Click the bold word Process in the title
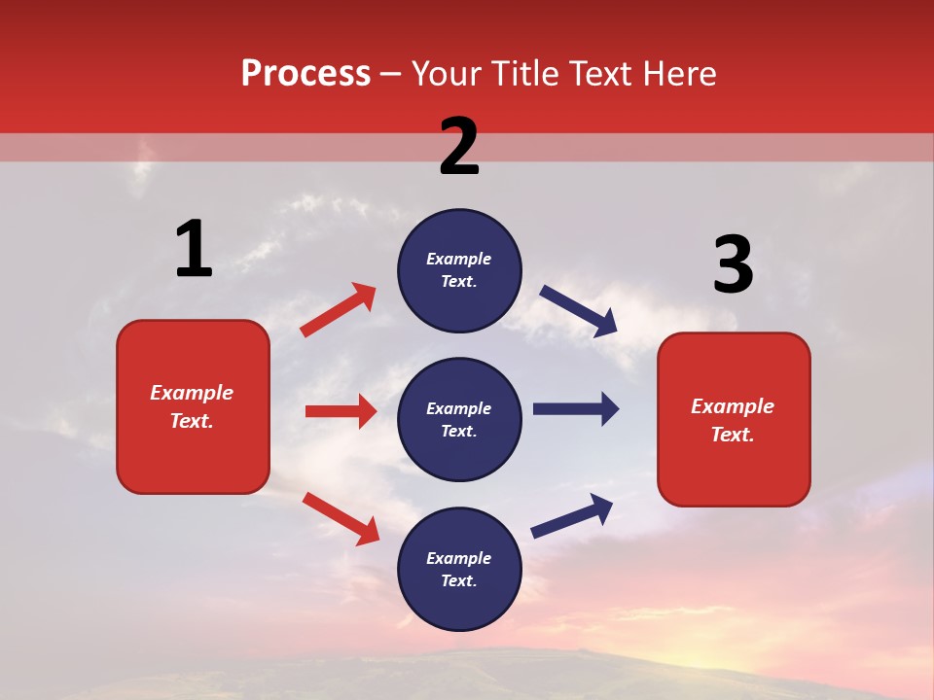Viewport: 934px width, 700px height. [x=305, y=74]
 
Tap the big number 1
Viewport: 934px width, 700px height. [x=194, y=249]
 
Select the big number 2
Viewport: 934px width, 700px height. [x=459, y=147]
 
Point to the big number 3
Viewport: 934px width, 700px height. [x=733, y=265]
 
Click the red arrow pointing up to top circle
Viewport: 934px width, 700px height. [x=339, y=310]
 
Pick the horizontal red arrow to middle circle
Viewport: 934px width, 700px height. [x=341, y=411]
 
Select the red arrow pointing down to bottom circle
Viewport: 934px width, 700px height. [x=341, y=518]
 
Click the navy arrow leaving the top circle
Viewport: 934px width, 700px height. [x=579, y=311]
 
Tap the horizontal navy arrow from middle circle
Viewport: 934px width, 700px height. [x=576, y=409]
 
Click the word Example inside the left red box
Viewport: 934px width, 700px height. [x=192, y=393]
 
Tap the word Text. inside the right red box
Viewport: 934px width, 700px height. [x=733, y=435]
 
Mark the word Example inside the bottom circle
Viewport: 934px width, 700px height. [x=459, y=558]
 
